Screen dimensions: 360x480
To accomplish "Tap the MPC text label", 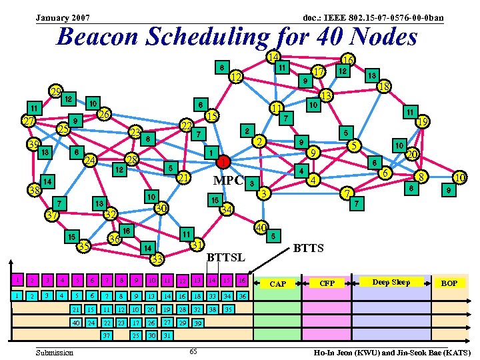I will [227, 181].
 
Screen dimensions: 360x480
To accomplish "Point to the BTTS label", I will [308, 249].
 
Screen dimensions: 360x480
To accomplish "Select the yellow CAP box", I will [278, 284].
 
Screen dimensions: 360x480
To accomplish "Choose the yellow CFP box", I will [328, 284].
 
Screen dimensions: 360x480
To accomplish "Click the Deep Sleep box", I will [391, 283].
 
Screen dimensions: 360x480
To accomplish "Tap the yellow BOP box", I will [449, 284].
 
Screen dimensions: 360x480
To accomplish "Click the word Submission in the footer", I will [55, 351].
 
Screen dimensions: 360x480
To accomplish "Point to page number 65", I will [192, 351].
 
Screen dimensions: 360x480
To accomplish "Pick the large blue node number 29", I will [56, 92].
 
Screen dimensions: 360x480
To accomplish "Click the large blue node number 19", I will [422, 122].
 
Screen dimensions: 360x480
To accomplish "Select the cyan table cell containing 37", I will [107, 335].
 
